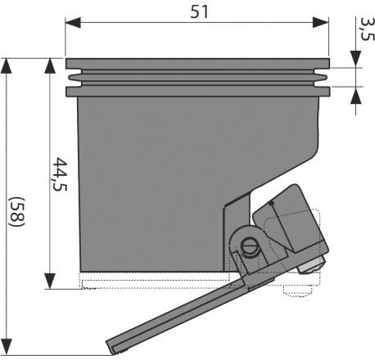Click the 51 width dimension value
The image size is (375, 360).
[x=199, y=12]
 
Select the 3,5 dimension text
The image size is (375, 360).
[x=367, y=29]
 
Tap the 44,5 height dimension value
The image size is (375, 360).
[x=60, y=174]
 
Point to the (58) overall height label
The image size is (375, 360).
[x=17, y=211]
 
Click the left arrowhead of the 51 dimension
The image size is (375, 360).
[x=73, y=22]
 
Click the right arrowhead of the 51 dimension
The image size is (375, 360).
[x=321, y=22]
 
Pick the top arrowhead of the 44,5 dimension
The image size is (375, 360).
[x=50, y=65]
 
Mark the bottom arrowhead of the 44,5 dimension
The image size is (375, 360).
[x=50, y=281]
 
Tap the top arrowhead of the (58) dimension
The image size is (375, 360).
[x=7, y=65]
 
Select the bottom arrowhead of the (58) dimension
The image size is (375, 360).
[x=7, y=347]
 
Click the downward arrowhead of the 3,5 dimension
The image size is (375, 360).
[x=355, y=59]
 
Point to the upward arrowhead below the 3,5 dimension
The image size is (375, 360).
[x=355, y=95]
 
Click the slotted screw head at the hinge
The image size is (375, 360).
[x=250, y=248]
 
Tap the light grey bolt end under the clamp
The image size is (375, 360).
[x=311, y=266]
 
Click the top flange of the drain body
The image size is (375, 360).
[x=197, y=64]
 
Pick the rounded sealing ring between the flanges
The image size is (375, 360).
[x=197, y=78]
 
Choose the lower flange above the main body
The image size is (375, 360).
[x=197, y=92]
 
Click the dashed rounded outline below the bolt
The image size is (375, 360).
[x=297, y=291]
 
